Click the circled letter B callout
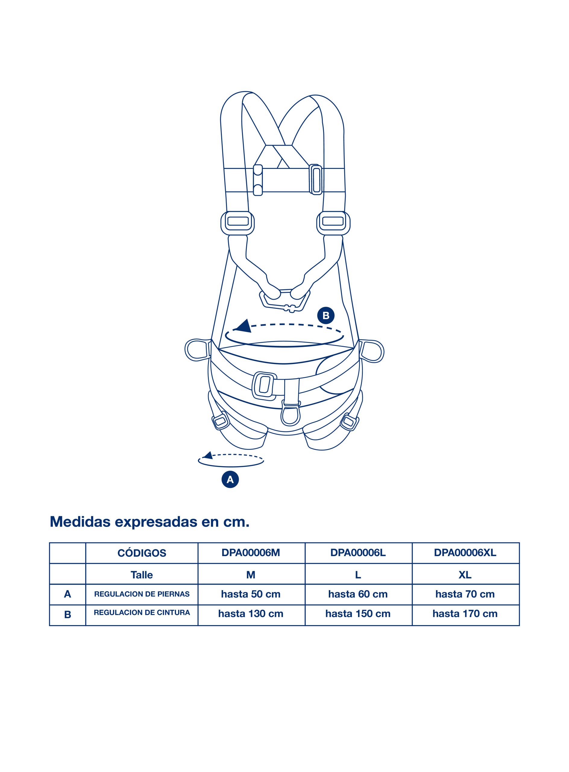coord(325,315)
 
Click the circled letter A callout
coord(230,479)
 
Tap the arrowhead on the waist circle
coord(244,326)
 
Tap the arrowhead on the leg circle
coord(208,456)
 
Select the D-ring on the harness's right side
coord(372,351)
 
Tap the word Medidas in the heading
coord(80,521)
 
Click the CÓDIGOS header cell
coord(142,553)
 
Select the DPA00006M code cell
coord(251,552)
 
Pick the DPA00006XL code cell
coord(465,552)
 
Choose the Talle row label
coord(142,575)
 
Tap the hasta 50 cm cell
coord(251,594)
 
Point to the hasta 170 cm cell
coord(465,614)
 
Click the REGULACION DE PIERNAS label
coord(142,594)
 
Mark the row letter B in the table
coord(68,615)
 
